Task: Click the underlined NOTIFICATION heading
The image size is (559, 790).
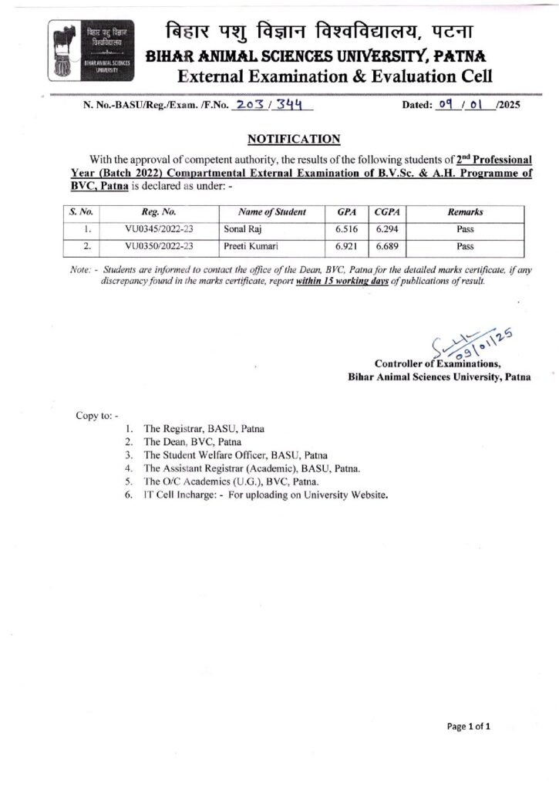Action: (x=294, y=139)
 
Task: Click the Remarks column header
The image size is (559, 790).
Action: (x=464, y=211)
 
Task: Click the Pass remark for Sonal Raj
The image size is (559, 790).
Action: (x=464, y=230)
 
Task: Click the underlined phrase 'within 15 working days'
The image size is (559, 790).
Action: (x=345, y=282)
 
